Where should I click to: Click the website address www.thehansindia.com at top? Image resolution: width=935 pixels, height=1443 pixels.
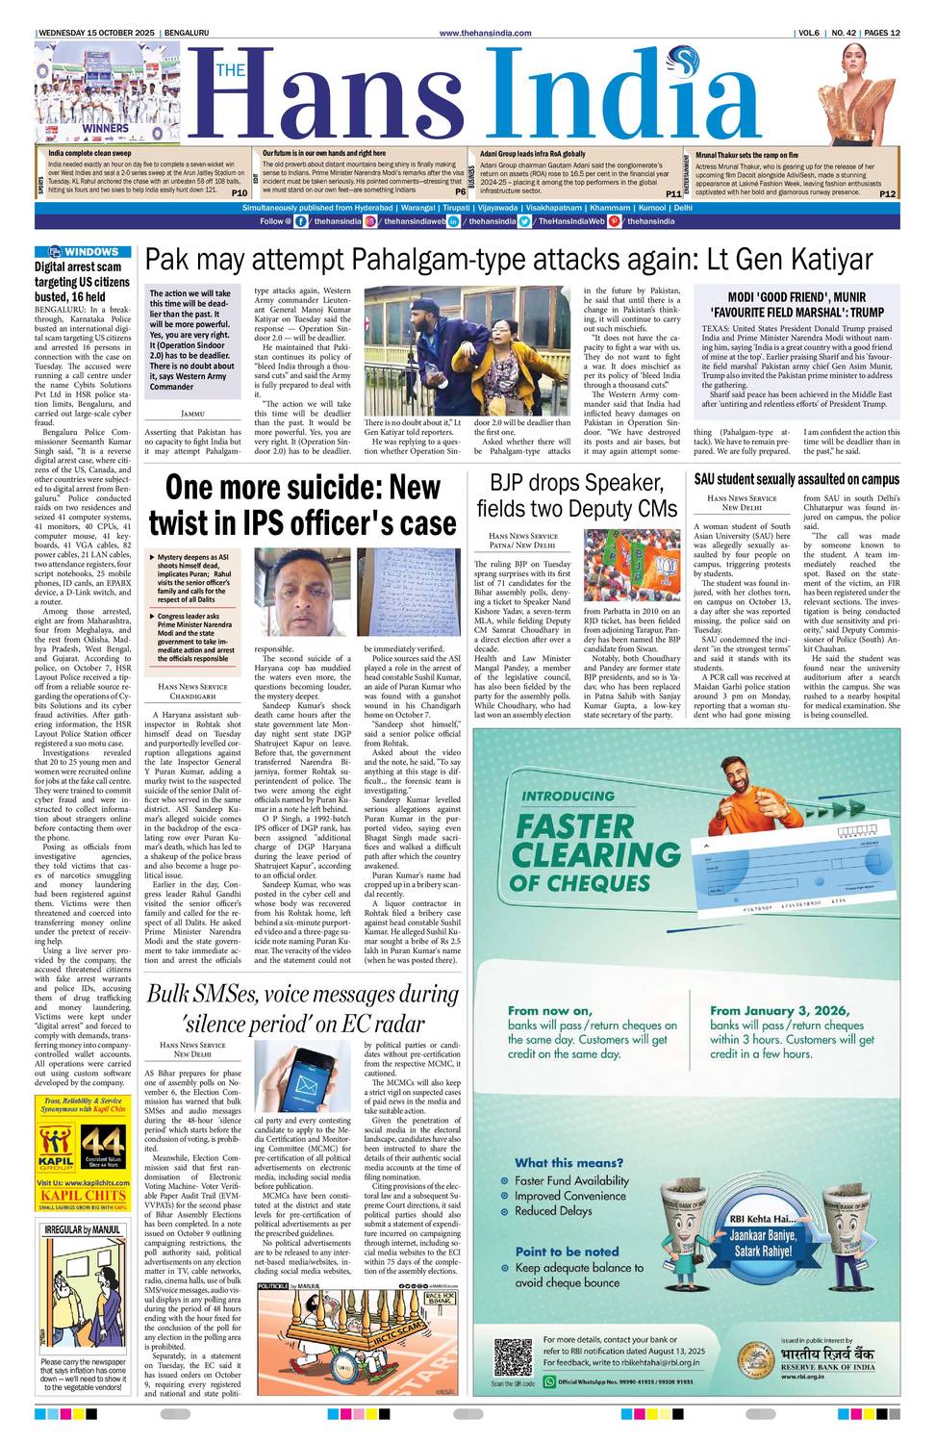[x=485, y=33]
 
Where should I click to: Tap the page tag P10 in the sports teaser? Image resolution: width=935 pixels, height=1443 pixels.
[x=240, y=192]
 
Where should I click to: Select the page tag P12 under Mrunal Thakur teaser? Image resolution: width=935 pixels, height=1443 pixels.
[x=887, y=193]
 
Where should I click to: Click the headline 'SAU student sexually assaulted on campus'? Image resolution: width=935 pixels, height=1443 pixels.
[x=796, y=479]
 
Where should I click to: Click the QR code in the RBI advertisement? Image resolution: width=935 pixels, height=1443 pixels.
[x=512, y=1357]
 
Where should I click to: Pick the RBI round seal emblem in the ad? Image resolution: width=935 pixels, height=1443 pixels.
[x=756, y=1360]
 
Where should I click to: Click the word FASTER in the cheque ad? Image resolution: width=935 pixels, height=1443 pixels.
[x=575, y=826]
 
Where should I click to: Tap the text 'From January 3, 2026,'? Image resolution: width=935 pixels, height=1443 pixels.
[x=779, y=1010]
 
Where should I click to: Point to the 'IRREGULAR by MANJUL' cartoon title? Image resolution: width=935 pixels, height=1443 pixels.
[x=83, y=1229]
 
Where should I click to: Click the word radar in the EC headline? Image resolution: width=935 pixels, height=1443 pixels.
[x=392, y=1023]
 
